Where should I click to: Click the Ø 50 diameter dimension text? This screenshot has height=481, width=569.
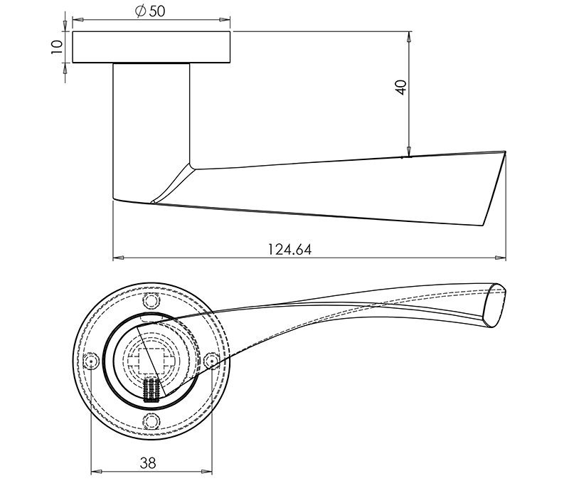pyautogui.click(x=150, y=12)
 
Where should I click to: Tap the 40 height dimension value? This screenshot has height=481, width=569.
pyautogui.click(x=400, y=87)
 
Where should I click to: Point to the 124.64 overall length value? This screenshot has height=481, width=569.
pyautogui.click(x=289, y=250)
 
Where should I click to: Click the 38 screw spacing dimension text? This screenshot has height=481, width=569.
pyautogui.click(x=148, y=462)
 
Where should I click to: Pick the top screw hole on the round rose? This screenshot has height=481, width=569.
pyautogui.click(x=149, y=300)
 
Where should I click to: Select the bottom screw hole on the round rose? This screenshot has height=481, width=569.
pyautogui.click(x=150, y=421)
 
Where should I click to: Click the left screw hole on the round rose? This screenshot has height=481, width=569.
pyautogui.click(x=90, y=361)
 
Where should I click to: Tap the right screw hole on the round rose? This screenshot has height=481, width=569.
pyautogui.click(x=210, y=361)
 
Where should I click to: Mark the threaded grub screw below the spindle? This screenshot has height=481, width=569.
pyautogui.click(x=150, y=390)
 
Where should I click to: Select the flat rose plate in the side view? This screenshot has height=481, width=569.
pyautogui.click(x=151, y=47)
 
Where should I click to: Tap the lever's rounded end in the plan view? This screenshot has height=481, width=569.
pyautogui.click(x=498, y=306)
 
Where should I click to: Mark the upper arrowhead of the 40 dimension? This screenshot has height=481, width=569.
pyautogui.click(x=409, y=36)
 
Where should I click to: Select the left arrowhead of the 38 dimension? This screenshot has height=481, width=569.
pyautogui.click(x=94, y=471)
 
